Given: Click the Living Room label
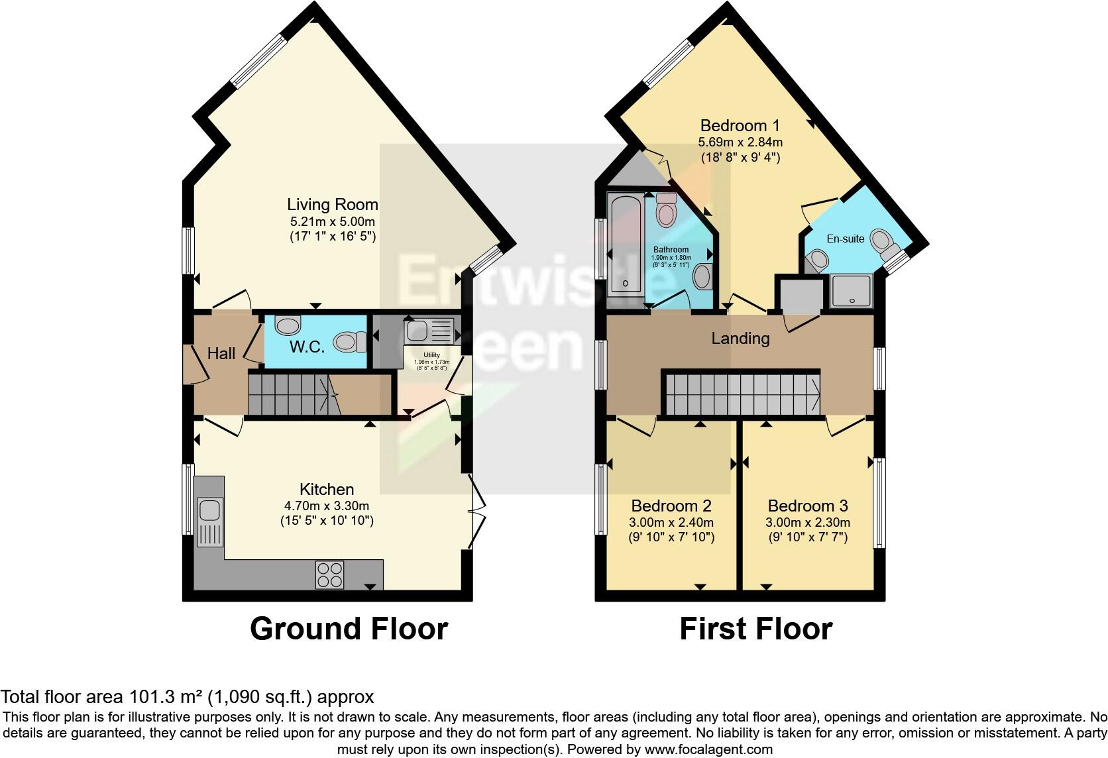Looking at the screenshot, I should (x=332, y=204).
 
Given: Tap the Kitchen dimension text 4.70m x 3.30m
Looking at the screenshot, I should (x=327, y=506).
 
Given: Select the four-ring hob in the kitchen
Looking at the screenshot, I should (x=330, y=574).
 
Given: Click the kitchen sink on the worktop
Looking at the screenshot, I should (x=209, y=510).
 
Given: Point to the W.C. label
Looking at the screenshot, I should (x=307, y=347).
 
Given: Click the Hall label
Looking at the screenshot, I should (x=221, y=353).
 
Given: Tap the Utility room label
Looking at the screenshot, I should (x=431, y=355).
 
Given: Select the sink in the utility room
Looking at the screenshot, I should (x=419, y=329).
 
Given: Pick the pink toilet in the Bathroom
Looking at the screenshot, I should (x=665, y=211).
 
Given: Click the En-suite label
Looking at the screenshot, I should (x=845, y=239).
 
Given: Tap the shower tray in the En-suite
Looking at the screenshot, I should (x=852, y=292).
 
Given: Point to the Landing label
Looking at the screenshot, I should (x=740, y=339).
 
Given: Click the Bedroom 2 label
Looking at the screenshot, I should (x=671, y=506).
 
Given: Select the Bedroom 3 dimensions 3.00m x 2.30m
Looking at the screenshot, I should (x=807, y=521).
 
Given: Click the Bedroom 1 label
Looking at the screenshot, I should (x=740, y=125).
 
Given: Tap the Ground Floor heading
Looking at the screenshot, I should (x=349, y=628).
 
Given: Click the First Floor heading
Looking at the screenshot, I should (x=755, y=628).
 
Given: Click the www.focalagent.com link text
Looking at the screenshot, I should (x=707, y=749).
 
